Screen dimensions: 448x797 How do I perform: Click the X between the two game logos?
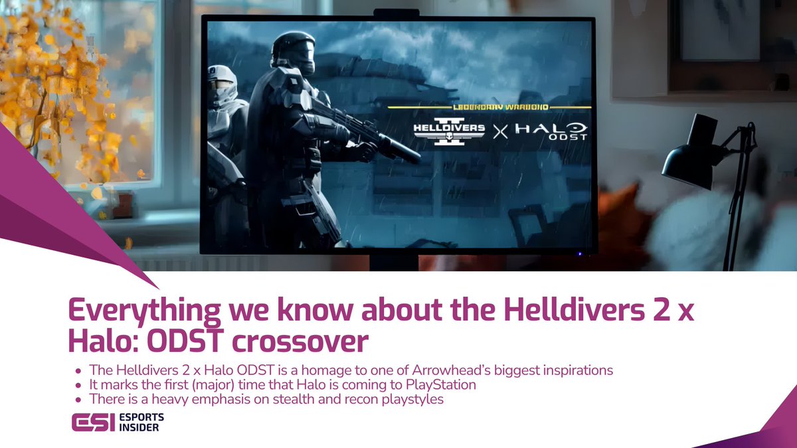[x=499, y=132]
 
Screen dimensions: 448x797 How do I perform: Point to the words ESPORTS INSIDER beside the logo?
[x=139, y=423]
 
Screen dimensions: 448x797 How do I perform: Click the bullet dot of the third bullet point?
[x=79, y=400]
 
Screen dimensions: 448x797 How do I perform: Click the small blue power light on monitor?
[x=579, y=253]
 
